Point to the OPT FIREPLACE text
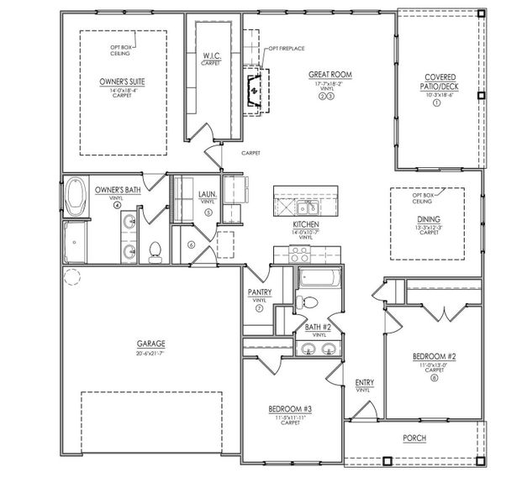[x=286, y=49]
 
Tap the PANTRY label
[x=259, y=292]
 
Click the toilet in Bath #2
[x=308, y=302]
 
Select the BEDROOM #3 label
[x=291, y=408]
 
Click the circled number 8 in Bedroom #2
[x=434, y=377]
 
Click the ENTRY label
[x=364, y=382]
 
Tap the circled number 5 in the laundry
[x=207, y=213]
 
